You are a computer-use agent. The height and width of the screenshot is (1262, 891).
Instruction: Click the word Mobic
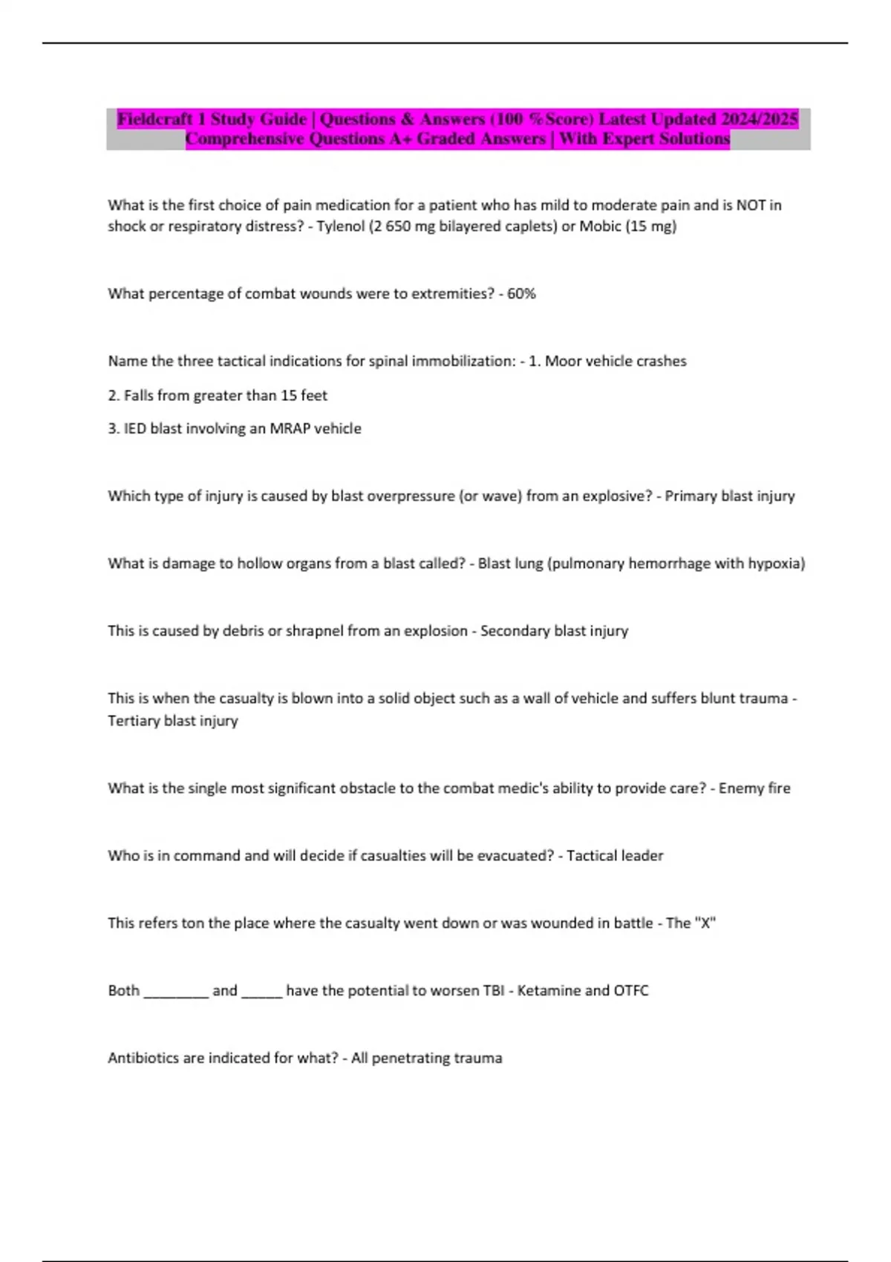coord(600,226)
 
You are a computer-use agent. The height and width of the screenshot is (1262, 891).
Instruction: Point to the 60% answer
coord(521,294)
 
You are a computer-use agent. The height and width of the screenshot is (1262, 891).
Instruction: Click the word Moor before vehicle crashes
coord(564,362)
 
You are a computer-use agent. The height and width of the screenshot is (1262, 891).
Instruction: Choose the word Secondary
coord(515,631)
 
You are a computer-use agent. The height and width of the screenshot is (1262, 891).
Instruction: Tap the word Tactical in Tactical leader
coord(591,856)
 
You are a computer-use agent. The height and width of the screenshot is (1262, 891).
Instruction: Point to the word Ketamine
coord(547,991)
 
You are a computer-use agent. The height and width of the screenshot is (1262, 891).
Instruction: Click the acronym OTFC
coord(631,991)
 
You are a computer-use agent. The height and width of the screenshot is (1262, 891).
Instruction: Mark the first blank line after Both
coord(176,994)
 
